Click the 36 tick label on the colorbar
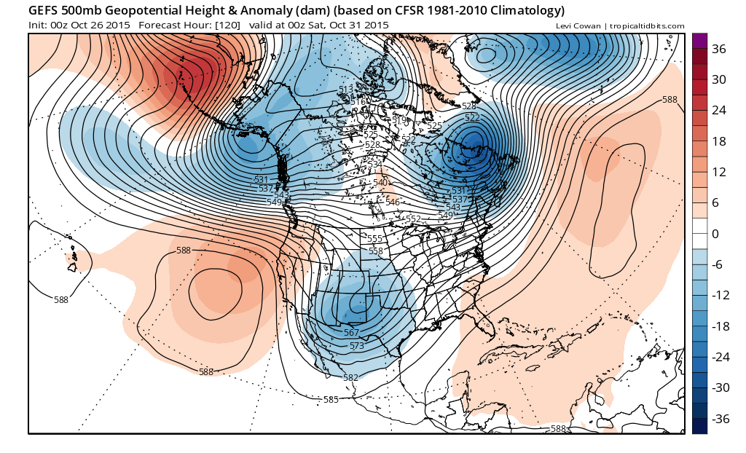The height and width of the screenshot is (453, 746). click(719, 50)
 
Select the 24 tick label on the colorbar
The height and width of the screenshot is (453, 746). click(719, 111)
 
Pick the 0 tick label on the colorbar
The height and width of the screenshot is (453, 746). click(715, 234)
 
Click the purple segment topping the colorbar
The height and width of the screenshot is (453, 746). click(699, 40)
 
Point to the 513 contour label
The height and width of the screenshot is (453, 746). click(346, 90)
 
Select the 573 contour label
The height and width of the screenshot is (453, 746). click(356, 346)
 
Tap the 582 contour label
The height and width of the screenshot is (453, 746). click(350, 377)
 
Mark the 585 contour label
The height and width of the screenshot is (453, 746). click(331, 399)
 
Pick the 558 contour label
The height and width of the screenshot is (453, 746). click(376, 251)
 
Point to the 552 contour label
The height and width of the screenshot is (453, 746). click(413, 219)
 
